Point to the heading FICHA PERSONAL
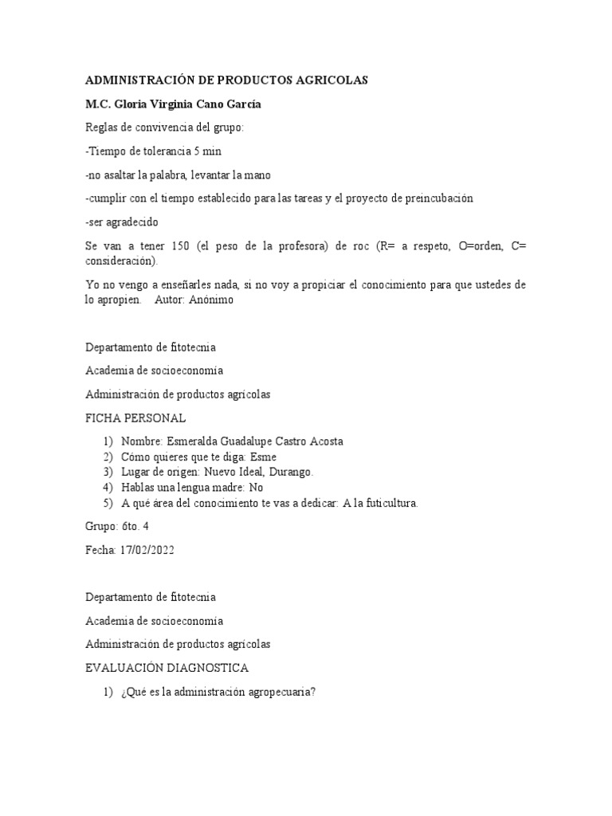click(x=135, y=418)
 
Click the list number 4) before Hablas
click(x=108, y=487)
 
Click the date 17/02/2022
click(x=146, y=550)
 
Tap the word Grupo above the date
click(x=100, y=526)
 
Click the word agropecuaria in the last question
click(x=280, y=692)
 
